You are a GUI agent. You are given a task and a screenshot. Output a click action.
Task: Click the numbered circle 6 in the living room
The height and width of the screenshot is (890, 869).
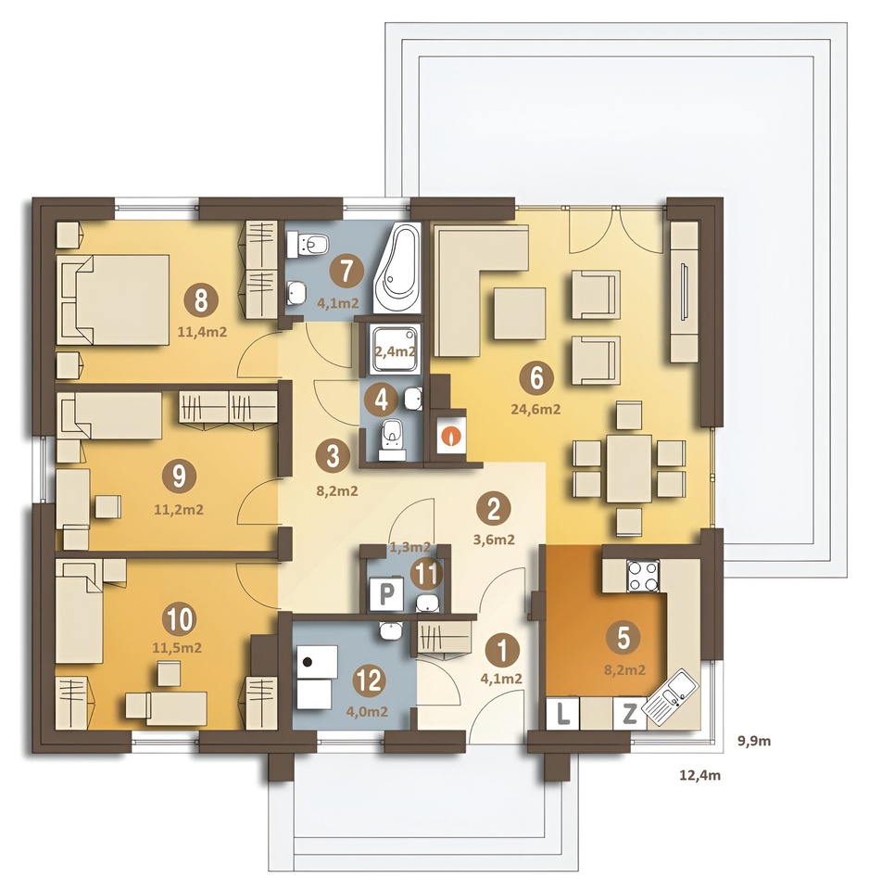[536, 378]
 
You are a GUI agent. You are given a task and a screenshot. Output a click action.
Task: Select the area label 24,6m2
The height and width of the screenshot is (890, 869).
[535, 409]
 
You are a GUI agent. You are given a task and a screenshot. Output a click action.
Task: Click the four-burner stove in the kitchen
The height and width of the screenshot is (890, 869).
[643, 576]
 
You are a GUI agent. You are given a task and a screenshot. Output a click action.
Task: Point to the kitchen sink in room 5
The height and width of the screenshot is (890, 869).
[673, 697]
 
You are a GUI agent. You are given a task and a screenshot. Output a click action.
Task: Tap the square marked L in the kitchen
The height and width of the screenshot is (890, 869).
[562, 714]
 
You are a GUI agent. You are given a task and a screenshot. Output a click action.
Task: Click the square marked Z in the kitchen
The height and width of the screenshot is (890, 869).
[629, 714]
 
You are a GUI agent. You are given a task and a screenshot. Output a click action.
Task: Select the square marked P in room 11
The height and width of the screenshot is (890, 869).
[385, 594]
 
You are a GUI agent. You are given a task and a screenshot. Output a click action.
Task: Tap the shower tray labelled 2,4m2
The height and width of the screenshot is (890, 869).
[396, 350]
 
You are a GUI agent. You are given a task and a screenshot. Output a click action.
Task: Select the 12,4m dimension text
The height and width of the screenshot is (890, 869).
[700, 775]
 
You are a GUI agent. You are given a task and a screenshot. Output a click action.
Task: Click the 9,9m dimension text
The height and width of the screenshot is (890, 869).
[754, 741]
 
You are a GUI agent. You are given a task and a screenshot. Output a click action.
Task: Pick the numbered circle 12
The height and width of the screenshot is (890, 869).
[370, 680]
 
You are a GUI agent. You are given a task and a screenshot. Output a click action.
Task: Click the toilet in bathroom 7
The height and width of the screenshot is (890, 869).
[308, 245]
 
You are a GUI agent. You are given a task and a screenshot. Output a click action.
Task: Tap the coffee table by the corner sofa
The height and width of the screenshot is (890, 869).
[519, 313]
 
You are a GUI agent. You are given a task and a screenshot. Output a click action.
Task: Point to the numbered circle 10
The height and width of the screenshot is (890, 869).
[179, 619]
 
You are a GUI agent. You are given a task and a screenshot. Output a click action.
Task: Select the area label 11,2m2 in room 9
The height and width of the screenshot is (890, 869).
[179, 510]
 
